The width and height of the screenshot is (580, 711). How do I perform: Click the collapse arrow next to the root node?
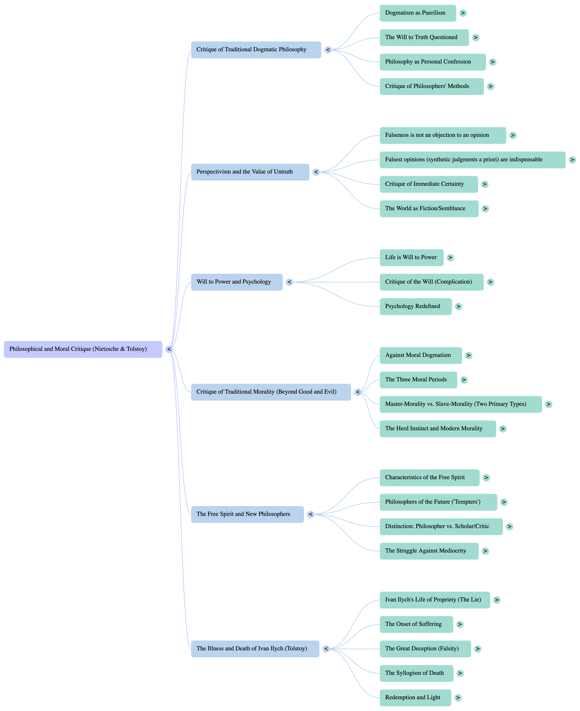169,349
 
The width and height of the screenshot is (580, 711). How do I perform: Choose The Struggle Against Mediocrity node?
429,551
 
